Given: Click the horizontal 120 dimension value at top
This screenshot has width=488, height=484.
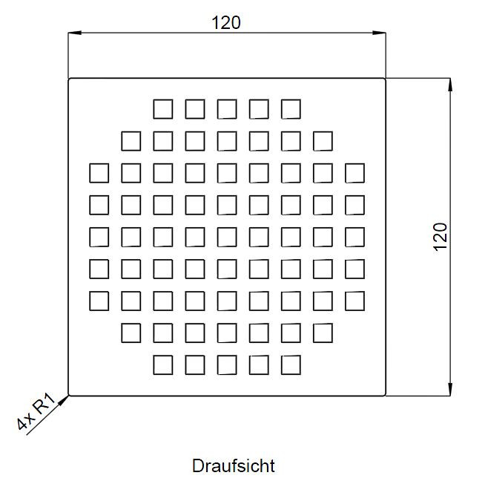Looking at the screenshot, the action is point(226,23).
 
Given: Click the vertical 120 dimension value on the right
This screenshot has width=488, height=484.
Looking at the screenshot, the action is point(440,237).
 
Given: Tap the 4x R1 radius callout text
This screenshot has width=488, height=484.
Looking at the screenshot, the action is point(36,412).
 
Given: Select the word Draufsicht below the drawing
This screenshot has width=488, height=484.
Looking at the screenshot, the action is point(234,466).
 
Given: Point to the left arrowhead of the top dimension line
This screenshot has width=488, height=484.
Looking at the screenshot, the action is point(75,33).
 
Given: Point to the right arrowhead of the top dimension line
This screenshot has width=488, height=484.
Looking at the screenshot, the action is point(379,33).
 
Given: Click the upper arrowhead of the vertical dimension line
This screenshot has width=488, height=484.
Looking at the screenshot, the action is point(450,85).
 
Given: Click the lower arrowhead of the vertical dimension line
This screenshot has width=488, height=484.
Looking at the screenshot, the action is point(450,389).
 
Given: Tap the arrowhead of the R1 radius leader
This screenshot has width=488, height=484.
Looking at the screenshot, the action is point(64,401).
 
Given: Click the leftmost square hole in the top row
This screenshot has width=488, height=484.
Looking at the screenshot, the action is point(163,109).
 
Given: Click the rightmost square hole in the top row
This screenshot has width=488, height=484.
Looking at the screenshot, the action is point(291,109).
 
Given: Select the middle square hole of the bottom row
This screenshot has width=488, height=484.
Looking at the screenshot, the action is point(227,365).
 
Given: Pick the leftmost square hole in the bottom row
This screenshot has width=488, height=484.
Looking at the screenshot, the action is point(163,365).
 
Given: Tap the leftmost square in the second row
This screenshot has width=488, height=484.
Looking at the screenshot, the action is point(131,141).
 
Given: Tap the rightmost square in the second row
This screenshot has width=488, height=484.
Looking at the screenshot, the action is point(323,141).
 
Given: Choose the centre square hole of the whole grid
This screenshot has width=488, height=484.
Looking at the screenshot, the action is point(227,237).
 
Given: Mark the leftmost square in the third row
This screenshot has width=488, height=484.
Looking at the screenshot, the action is point(99,173).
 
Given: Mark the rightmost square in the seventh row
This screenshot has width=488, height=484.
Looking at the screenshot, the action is point(355,301).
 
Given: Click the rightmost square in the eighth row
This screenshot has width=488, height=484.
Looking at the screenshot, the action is point(323,333).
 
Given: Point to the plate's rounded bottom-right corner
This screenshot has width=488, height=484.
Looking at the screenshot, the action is point(385,395).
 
